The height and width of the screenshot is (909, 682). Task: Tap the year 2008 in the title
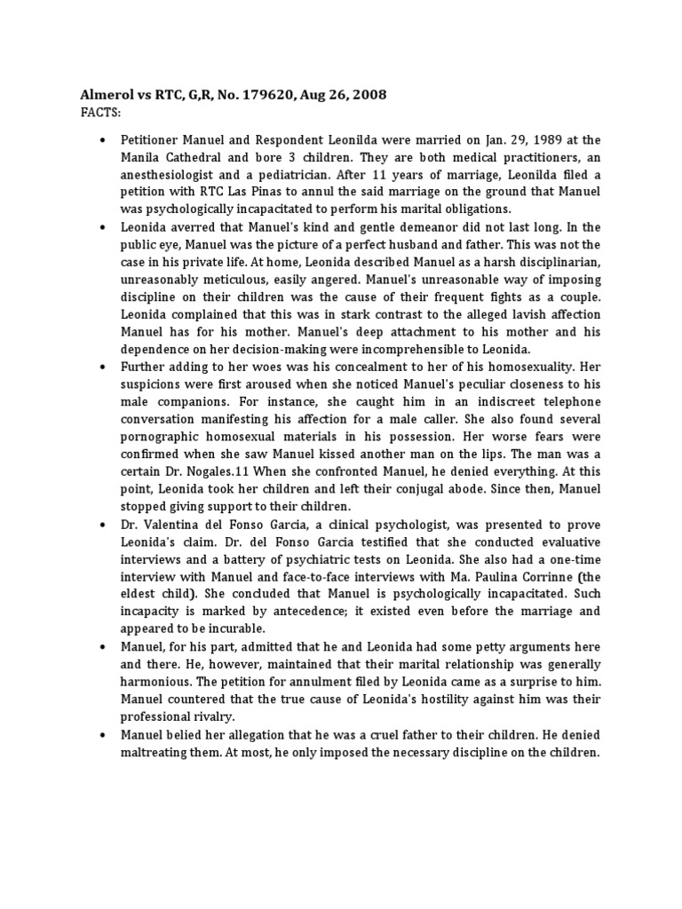(x=367, y=95)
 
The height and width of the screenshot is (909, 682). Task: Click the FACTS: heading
(x=101, y=113)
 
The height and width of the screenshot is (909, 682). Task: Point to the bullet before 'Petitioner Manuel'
(x=104, y=141)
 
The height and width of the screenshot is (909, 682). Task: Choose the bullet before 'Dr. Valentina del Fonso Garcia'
(x=104, y=525)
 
